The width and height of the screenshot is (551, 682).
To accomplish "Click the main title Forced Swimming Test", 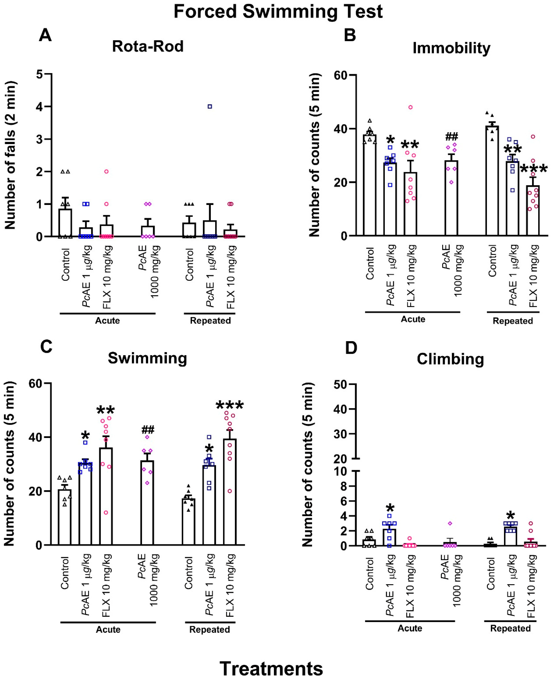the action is click(278, 12).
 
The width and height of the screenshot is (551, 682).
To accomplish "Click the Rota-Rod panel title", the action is click(148, 46).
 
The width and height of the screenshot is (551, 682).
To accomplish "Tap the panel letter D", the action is click(351, 348).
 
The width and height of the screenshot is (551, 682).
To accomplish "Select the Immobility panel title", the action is click(451, 48).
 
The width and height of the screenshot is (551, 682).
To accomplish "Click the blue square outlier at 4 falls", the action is click(210, 107).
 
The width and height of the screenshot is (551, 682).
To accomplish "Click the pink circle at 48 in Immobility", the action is click(410, 107).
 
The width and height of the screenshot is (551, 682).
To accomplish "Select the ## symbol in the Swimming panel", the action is click(148, 430).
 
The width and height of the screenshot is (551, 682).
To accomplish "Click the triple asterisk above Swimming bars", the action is click(230, 405).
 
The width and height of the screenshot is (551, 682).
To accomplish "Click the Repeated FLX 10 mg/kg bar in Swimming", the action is click(230, 492).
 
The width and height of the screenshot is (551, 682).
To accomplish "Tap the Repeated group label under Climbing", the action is click(510, 628).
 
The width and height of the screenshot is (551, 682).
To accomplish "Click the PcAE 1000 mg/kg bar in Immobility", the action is click(451, 198).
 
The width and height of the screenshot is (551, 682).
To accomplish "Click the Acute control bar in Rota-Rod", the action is click(65, 223).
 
